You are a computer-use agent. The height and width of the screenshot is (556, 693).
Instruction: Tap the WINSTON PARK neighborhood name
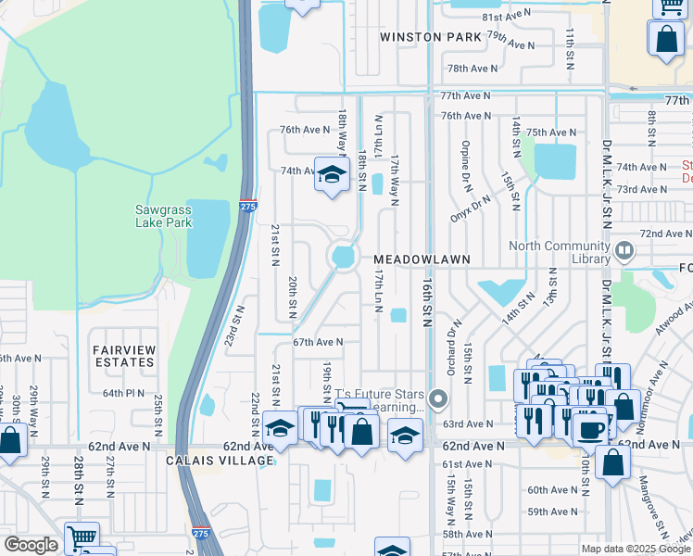coord(431,37)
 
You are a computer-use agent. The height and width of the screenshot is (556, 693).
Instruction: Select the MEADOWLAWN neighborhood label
coord(422,260)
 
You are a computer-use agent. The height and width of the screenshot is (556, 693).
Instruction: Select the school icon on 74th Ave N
coord(330,174)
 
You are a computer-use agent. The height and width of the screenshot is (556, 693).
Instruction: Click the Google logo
coord(31,544)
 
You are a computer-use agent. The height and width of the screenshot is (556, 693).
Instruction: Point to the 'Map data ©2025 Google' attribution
coord(635,549)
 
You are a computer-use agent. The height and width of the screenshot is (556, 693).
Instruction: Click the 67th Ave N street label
coord(318,342)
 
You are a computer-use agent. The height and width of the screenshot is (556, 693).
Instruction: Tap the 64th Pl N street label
coord(124,393)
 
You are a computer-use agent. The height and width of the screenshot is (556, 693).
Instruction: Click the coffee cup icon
coord(591,429)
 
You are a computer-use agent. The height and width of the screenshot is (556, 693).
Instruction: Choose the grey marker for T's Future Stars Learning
coord(439,400)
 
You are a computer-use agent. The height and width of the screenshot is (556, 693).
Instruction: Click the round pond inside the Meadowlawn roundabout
coord(344,256)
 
